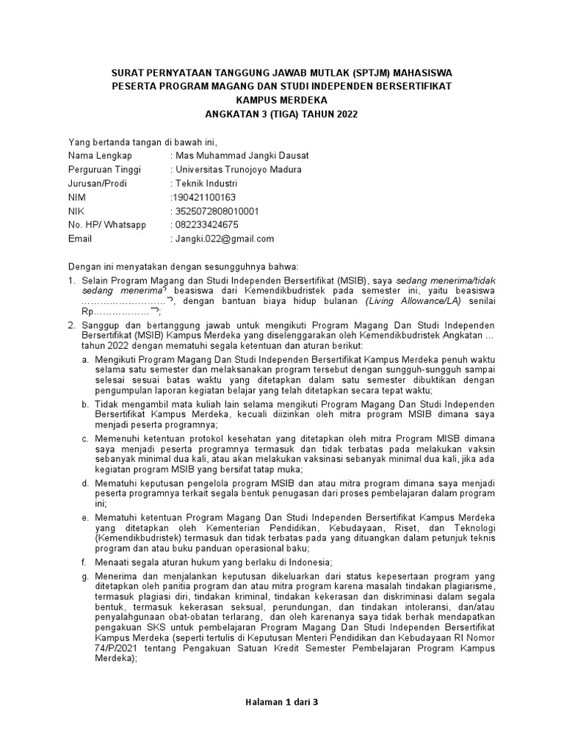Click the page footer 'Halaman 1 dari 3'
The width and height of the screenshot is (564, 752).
[x=282, y=702]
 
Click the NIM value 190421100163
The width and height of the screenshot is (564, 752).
[x=203, y=197]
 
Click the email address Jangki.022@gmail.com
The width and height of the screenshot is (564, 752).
[x=224, y=239]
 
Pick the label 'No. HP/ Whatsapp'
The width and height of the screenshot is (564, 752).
[x=106, y=225]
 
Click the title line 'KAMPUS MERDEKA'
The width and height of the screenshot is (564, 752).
[x=282, y=99]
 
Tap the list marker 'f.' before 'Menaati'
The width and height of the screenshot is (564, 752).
[x=85, y=563]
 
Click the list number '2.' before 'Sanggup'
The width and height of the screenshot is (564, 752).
[x=72, y=325]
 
